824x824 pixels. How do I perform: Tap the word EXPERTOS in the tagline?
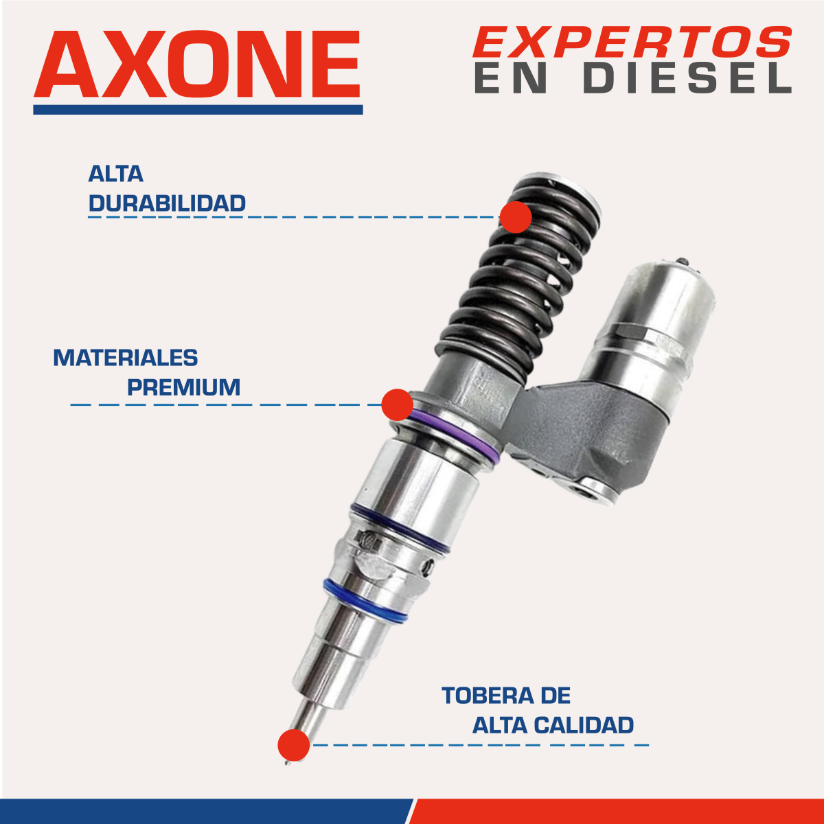(632, 42)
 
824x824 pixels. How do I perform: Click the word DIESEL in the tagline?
(687, 78)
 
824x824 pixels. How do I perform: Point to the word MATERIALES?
(125, 357)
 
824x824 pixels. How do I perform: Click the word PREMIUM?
(184, 387)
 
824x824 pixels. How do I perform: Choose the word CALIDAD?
(584, 725)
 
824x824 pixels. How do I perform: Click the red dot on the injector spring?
(516, 217)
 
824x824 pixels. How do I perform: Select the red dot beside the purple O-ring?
(398, 404)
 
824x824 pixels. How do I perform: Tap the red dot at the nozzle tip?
(293, 745)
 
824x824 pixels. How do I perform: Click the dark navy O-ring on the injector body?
(400, 529)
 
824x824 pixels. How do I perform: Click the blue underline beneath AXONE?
(198, 110)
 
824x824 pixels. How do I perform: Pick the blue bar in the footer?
(205, 811)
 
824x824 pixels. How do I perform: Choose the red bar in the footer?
(618, 811)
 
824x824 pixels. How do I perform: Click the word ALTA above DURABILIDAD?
(115, 174)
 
